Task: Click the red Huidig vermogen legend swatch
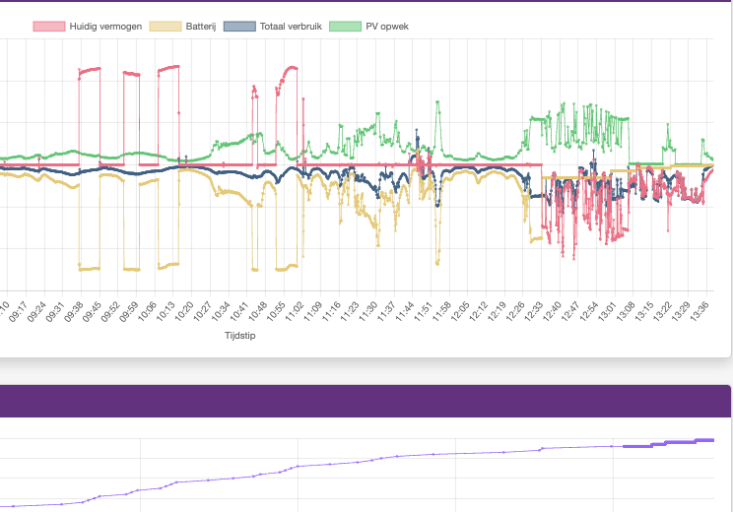tap(49, 26)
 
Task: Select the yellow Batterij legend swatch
tap(165, 26)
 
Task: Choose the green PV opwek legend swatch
tap(345, 26)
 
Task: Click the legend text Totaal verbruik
tap(290, 26)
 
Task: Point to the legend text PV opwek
tap(386, 26)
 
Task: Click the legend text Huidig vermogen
tap(102, 26)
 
